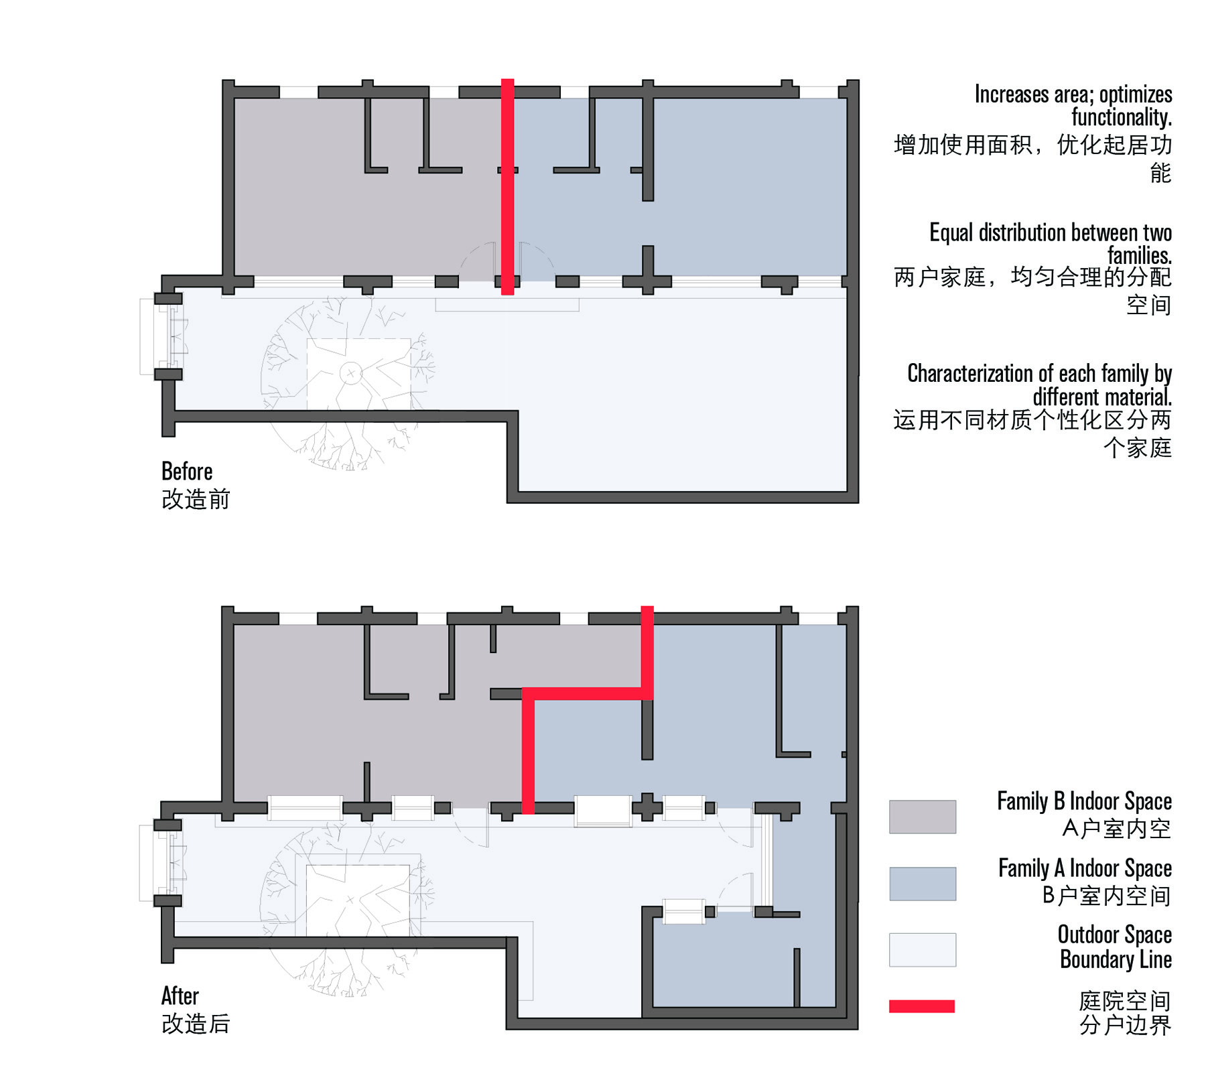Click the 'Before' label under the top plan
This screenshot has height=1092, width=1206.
tap(187, 472)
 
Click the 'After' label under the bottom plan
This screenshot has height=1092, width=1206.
tap(180, 996)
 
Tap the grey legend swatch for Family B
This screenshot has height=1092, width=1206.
tap(922, 817)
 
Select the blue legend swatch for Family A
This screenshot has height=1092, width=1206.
tap(922, 884)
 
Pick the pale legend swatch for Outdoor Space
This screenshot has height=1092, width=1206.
tap(922, 950)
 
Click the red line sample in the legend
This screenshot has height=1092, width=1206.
tap(921, 1006)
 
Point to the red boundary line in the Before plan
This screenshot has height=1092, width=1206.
tap(508, 187)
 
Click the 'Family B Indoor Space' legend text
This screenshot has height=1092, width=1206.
tap(1084, 801)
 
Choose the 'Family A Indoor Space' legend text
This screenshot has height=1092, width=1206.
tap(1085, 868)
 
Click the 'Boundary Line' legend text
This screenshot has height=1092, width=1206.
tap(1116, 959)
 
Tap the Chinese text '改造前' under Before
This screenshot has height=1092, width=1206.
tap(196, 500)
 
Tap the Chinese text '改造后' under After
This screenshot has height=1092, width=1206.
tap(196, 1024)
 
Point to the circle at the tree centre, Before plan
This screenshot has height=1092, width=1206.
tap(350, 373)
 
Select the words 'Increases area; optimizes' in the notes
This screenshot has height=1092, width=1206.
tap(1073, 94)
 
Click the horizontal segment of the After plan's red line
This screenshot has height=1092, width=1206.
tap(588, 694)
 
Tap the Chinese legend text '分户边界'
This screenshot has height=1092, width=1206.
tap(1125, 1025)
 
